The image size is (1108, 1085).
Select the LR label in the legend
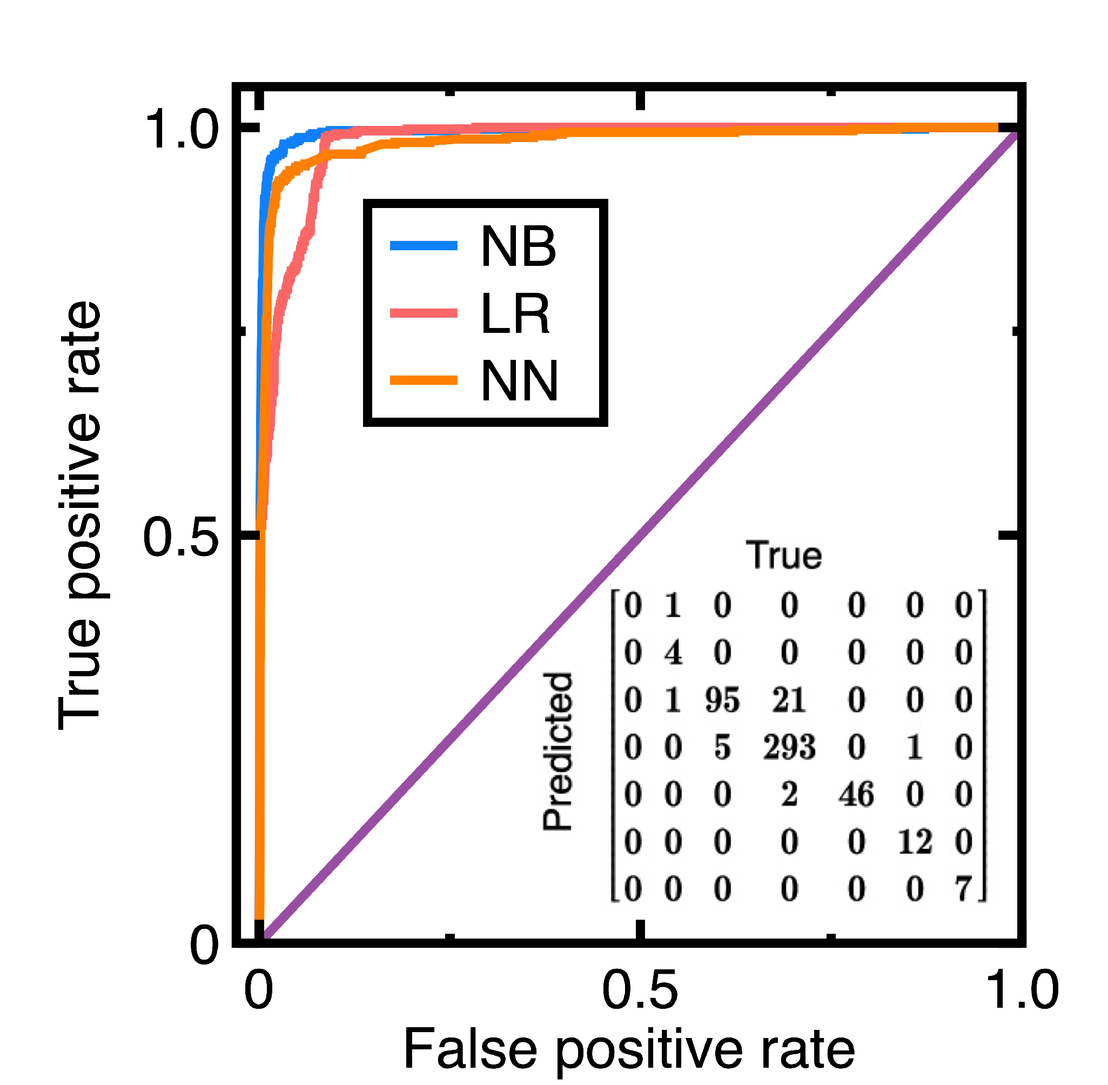[515, 313]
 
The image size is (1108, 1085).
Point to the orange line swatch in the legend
[424, 380]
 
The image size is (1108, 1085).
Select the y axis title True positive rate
[80, 515]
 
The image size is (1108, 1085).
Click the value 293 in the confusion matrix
[789, 747]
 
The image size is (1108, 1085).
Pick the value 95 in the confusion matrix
[722, 700]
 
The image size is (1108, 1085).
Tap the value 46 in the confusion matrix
[856, 794]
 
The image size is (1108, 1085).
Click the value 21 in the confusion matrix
[789, 700]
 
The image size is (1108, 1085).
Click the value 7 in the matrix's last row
[963, 889]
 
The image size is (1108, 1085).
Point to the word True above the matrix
[784, 555]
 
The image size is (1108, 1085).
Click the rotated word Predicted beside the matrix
[557, 752]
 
